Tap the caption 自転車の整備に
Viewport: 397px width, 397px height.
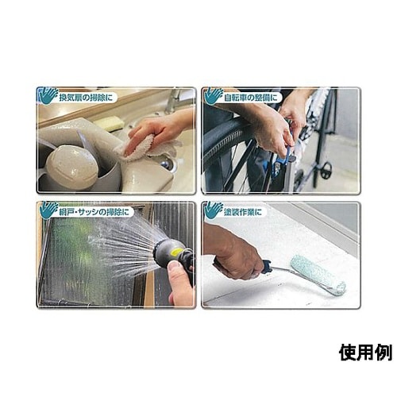251,98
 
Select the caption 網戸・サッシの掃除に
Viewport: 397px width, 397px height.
94,212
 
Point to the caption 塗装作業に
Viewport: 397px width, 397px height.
242,212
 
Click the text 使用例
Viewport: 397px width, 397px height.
365,353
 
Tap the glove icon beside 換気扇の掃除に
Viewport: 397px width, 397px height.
48,95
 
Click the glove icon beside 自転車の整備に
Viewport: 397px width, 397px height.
214,96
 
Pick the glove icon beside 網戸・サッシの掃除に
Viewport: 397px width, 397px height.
48,210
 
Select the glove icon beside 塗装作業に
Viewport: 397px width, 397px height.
214,210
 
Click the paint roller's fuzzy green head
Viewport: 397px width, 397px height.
318,275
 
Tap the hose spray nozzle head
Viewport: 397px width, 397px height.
166,251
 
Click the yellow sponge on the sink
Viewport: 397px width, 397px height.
109,123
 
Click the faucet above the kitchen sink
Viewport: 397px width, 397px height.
173,102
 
